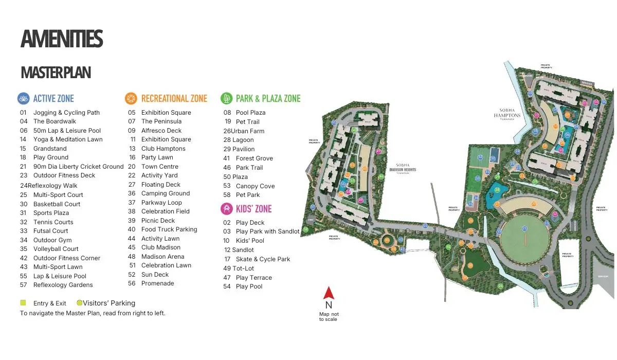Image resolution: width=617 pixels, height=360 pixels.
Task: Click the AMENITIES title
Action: pos(62,40)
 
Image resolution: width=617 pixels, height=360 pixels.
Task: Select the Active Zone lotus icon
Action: pos(24,98)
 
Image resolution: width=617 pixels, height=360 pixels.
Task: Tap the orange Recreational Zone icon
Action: pos(131,98)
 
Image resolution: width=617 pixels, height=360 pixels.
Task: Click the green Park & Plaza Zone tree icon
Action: pos(226,98)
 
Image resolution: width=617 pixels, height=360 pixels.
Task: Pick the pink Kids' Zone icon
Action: pos(226,209)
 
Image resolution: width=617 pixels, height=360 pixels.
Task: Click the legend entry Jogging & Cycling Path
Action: pos(66,113)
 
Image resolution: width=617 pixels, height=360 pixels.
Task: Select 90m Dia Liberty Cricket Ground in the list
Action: pos(78,167)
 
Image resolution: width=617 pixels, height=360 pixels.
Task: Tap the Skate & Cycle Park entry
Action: pos(263,259)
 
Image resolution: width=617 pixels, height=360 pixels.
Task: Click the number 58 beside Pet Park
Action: pos(227,195)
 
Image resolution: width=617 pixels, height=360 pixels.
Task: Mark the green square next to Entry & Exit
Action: pos(23,303)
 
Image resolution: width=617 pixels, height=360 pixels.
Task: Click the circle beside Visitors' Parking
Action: pos(80,303)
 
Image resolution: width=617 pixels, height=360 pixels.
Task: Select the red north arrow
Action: pos(329,294)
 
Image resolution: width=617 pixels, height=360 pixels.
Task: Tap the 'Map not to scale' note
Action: pos(329,316)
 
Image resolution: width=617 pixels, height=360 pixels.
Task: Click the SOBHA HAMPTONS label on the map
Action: pos(507,114)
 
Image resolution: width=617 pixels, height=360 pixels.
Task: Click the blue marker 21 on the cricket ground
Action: pos(524,228)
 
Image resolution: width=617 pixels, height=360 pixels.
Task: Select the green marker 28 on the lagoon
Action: pos(497,190)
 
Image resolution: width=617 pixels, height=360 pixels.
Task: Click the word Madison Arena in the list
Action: pos(162,257)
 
